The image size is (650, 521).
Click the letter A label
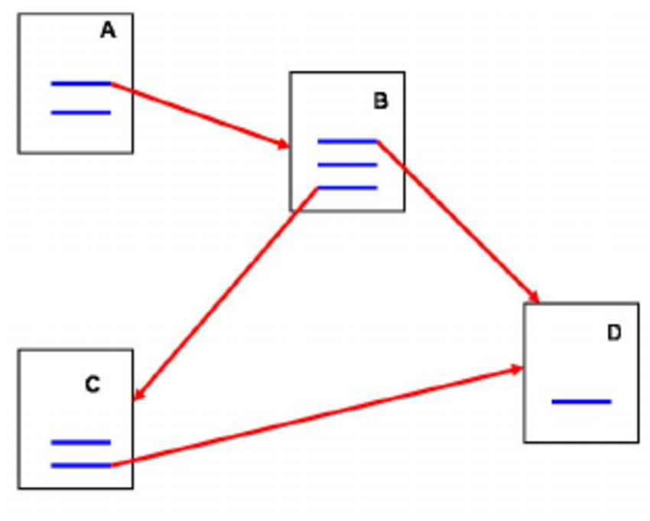[x=108, y=31]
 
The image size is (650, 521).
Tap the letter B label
[x=380, y=101]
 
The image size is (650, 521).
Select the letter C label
[x=93, y=384]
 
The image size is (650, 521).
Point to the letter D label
[x=614, y=333]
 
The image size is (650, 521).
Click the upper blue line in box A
[x=80, y=83]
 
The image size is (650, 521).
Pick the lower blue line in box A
[x=80, y=112]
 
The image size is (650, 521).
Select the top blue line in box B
[x=346, y=142]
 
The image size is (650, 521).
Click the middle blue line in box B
[x=346, y=164]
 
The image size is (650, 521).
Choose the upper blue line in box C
[x=80, y=442]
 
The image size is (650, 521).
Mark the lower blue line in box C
[x=80, y=464]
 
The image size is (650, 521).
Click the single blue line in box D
[x=581, y=401]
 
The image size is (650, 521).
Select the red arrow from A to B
[x=199, y=114]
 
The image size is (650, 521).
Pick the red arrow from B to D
[x=459, y=222]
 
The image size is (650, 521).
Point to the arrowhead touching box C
[x=139, y=392]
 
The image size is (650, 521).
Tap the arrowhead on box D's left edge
[x=516, y=370]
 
